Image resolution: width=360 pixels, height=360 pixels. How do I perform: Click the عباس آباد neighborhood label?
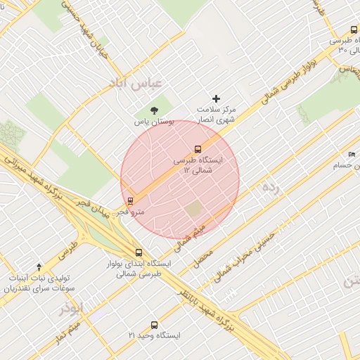click(x=135, y=83)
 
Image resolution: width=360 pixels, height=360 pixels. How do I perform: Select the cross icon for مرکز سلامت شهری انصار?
click(x=216, y=98)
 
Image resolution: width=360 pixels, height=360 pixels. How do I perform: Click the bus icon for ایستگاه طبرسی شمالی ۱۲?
click(x=198, y=149)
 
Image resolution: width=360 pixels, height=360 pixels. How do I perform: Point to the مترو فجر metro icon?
click(x=130, y=201)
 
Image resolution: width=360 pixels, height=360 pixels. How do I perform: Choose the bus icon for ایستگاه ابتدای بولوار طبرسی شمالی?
click(x=138, y=252)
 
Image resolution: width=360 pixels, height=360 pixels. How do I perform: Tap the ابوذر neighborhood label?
click(x=72, y=308)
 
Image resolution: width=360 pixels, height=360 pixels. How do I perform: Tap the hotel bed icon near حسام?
click(x=352, y=155)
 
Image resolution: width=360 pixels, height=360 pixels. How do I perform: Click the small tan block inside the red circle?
click(x=193, y=209)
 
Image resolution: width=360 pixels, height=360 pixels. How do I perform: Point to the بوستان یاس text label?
click(x=153, y=122)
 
